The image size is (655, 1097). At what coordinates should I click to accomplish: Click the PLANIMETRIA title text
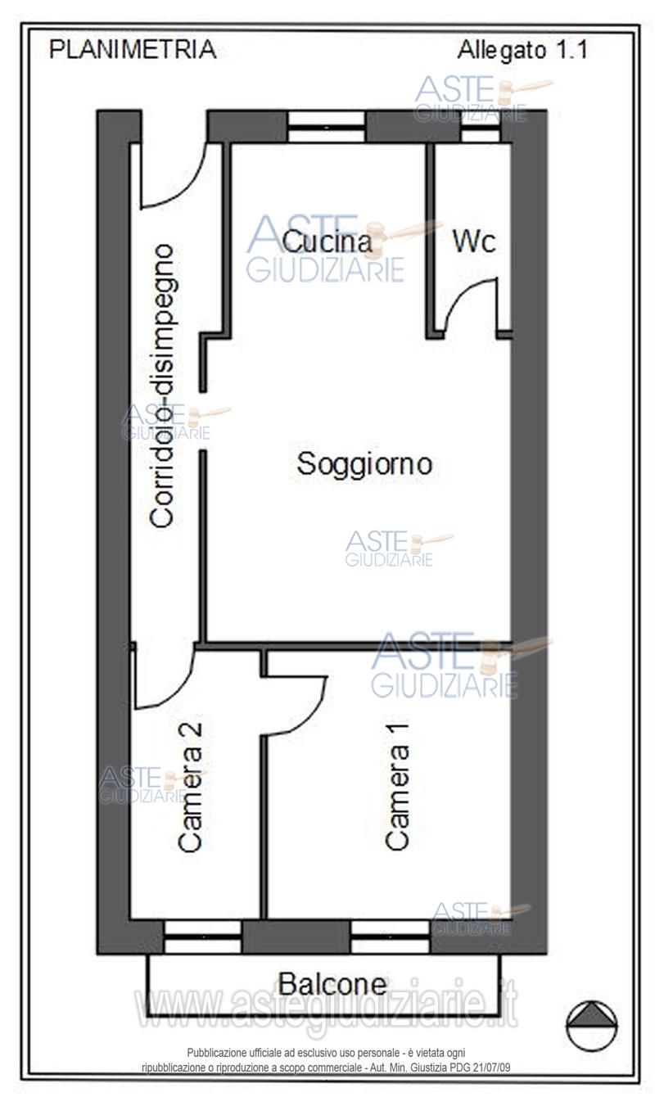point(133,50)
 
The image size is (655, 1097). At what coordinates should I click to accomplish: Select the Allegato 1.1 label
point(522,50)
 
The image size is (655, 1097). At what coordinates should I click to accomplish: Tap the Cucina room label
point(326,241)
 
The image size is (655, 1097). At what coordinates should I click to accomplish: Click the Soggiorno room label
point(364,464)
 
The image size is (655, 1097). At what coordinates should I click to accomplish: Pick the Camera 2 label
point(190,786)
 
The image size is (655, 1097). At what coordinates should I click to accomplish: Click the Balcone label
point(332,982)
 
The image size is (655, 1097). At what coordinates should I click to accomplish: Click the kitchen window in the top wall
point(326,127)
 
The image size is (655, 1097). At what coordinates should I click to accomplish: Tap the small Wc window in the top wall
point(481,127)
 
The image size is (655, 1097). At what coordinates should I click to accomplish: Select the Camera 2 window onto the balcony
point(202,937)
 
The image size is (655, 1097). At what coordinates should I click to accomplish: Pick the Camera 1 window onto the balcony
point(390,937)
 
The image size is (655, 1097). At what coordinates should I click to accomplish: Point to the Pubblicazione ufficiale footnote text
point(326,1060)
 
